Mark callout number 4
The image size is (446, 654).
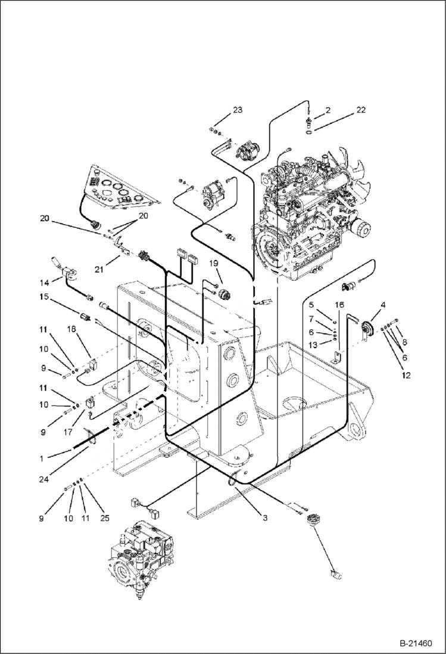(x=383, y=305)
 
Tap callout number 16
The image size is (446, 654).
(x=339, y=305)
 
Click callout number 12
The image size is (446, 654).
(x=407, y=375)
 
